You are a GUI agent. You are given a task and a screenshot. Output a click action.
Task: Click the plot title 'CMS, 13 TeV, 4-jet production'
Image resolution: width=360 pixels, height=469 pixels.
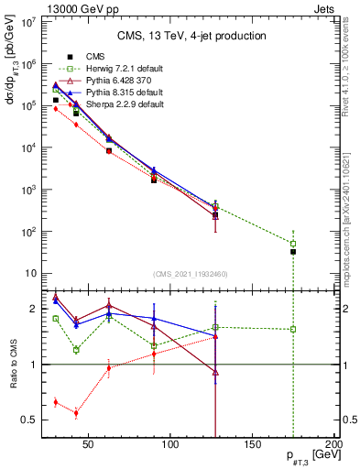(191, 36)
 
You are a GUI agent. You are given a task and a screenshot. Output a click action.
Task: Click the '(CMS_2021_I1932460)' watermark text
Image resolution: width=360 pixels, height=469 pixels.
(191, 274)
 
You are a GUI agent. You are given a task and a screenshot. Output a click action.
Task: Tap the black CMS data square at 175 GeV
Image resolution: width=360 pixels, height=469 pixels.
(293, 251)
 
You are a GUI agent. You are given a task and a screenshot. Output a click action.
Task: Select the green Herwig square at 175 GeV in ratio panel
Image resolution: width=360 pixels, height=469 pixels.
(293, 329)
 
